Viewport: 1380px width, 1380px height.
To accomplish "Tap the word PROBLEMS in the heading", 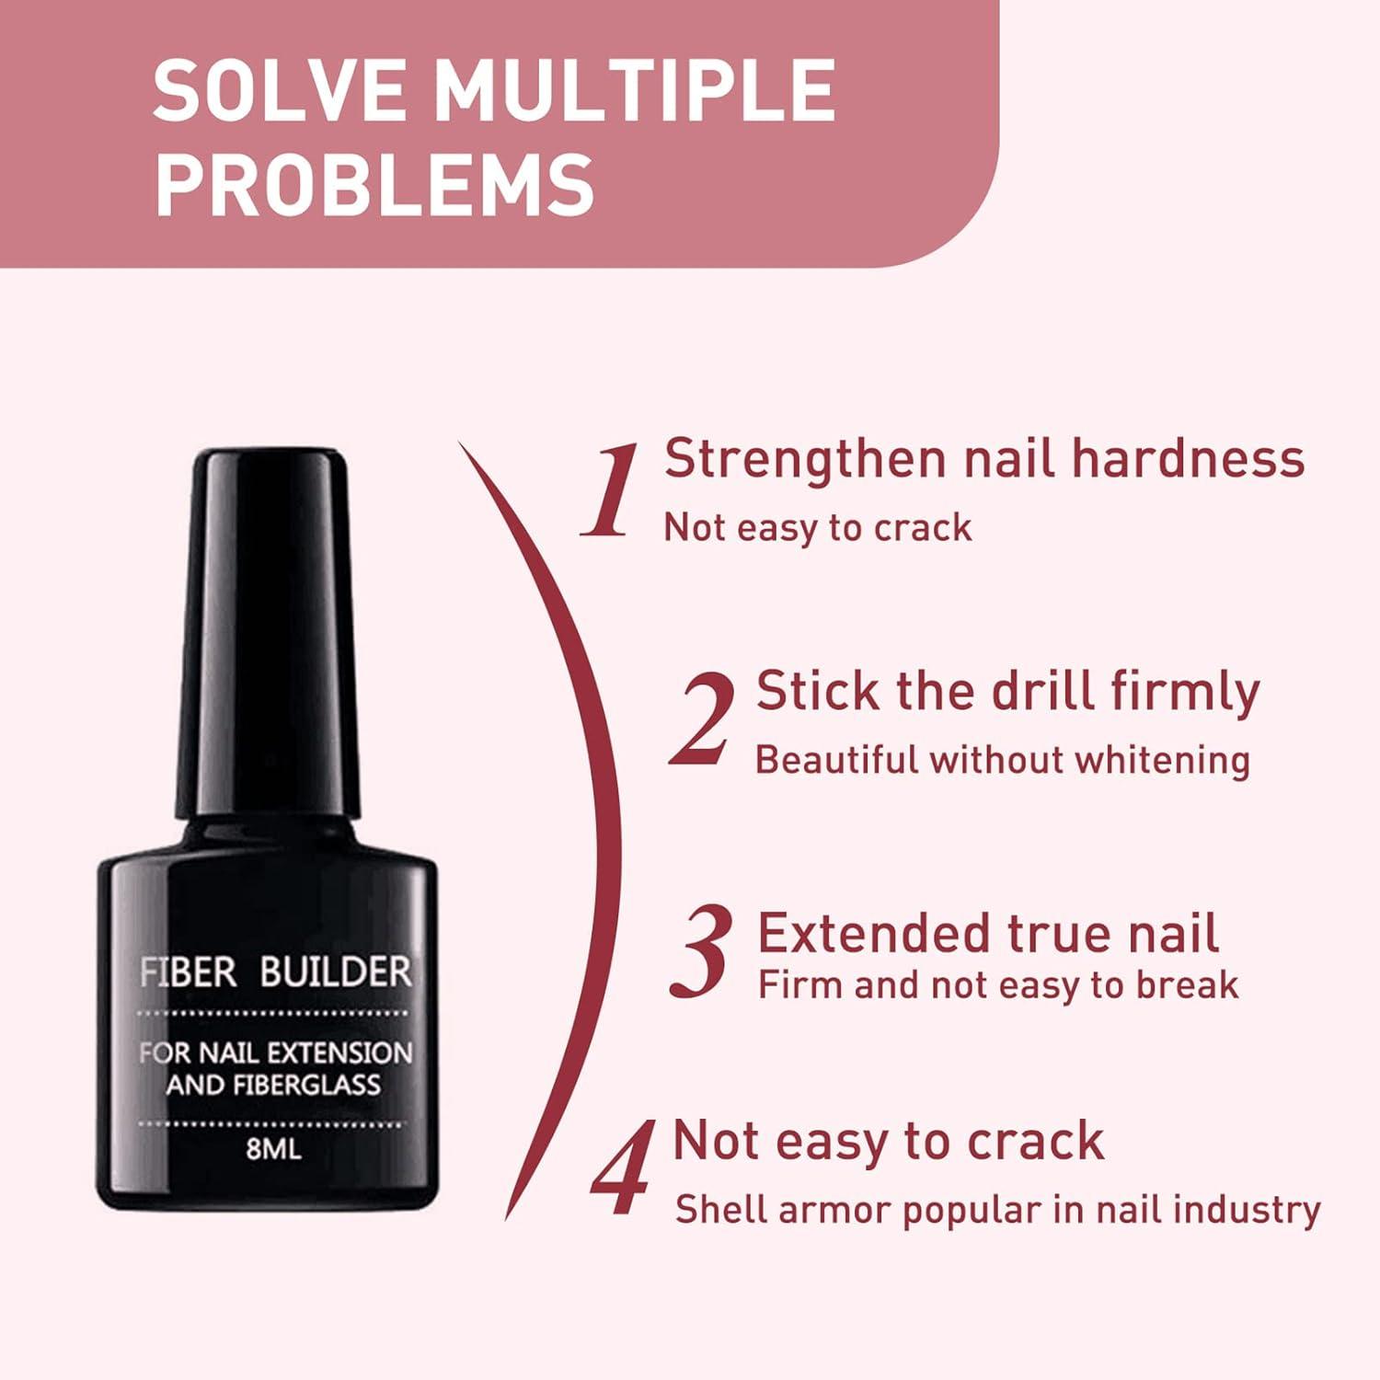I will [x=375, y=184].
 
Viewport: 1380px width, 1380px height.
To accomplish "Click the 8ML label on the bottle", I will [x=273, y=1149].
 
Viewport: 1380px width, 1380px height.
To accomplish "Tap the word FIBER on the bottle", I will [x=188, y=972].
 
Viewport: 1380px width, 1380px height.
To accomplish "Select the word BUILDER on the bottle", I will [x=335, y=972].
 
